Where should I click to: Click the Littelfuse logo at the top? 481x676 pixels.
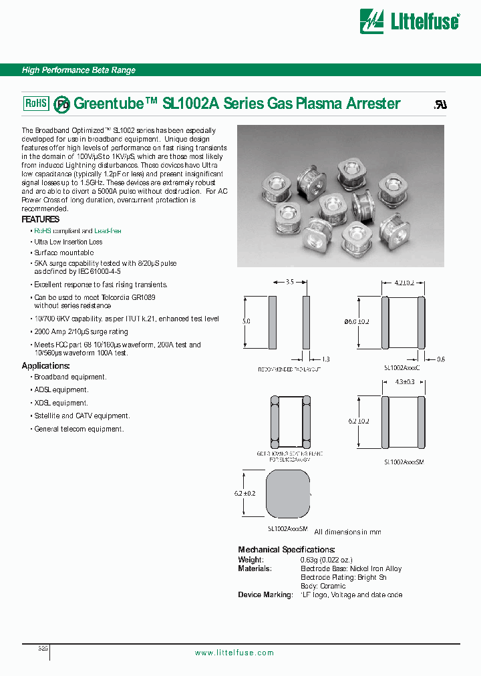coord(410,21)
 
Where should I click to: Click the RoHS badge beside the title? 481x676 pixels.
coord(36,103)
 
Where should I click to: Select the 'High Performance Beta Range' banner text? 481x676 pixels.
coord(79,70)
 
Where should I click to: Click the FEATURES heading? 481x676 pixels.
coord(40,219)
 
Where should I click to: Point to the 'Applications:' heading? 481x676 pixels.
coord(45,366)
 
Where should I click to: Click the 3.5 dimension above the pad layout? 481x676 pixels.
coord(289,283)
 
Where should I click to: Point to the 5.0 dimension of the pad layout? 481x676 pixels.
coord(247,321)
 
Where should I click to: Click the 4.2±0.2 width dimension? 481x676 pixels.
coord(403,283)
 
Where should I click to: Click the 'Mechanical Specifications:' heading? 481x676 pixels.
coord(286,550)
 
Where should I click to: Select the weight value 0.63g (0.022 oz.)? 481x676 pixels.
coord(326,560)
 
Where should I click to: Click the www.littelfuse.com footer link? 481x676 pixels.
coord(234,653)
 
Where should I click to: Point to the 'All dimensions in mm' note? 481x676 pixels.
coord(347,532)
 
